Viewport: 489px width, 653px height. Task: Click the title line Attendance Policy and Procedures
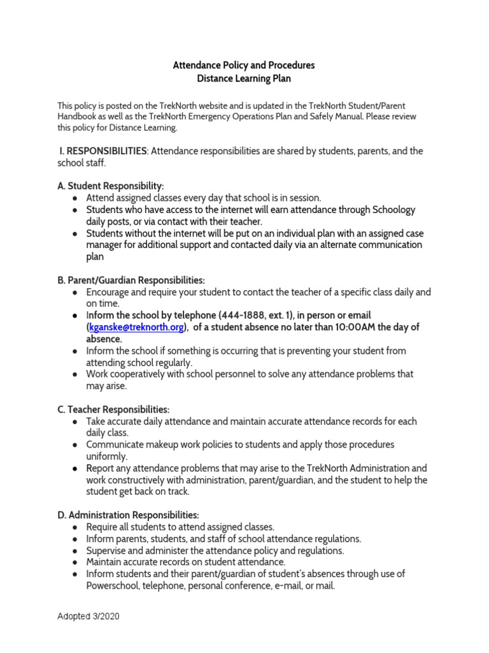coord(244,65)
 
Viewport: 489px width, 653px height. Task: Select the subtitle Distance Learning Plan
coord(244,78)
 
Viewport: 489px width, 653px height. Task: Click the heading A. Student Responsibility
coord(111,186)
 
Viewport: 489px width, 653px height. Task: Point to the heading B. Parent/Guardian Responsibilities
coord(132,280)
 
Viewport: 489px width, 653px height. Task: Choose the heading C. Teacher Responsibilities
coord(113,409)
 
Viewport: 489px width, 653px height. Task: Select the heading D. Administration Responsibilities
coord(129,515)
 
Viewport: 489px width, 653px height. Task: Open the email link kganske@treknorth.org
coord(136,327)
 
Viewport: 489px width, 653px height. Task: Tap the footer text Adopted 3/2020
coord(89,617)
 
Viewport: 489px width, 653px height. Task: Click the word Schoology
coord(390,210)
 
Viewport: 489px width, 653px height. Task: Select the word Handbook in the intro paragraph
coord(79,116)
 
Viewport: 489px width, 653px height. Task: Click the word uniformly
coord(107,457)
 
